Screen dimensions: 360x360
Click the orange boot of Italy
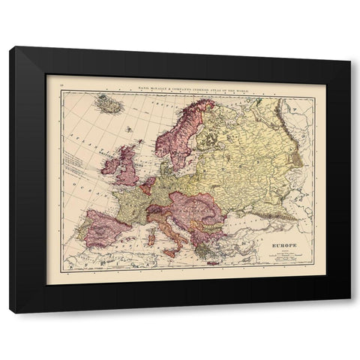coord(166,229)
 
